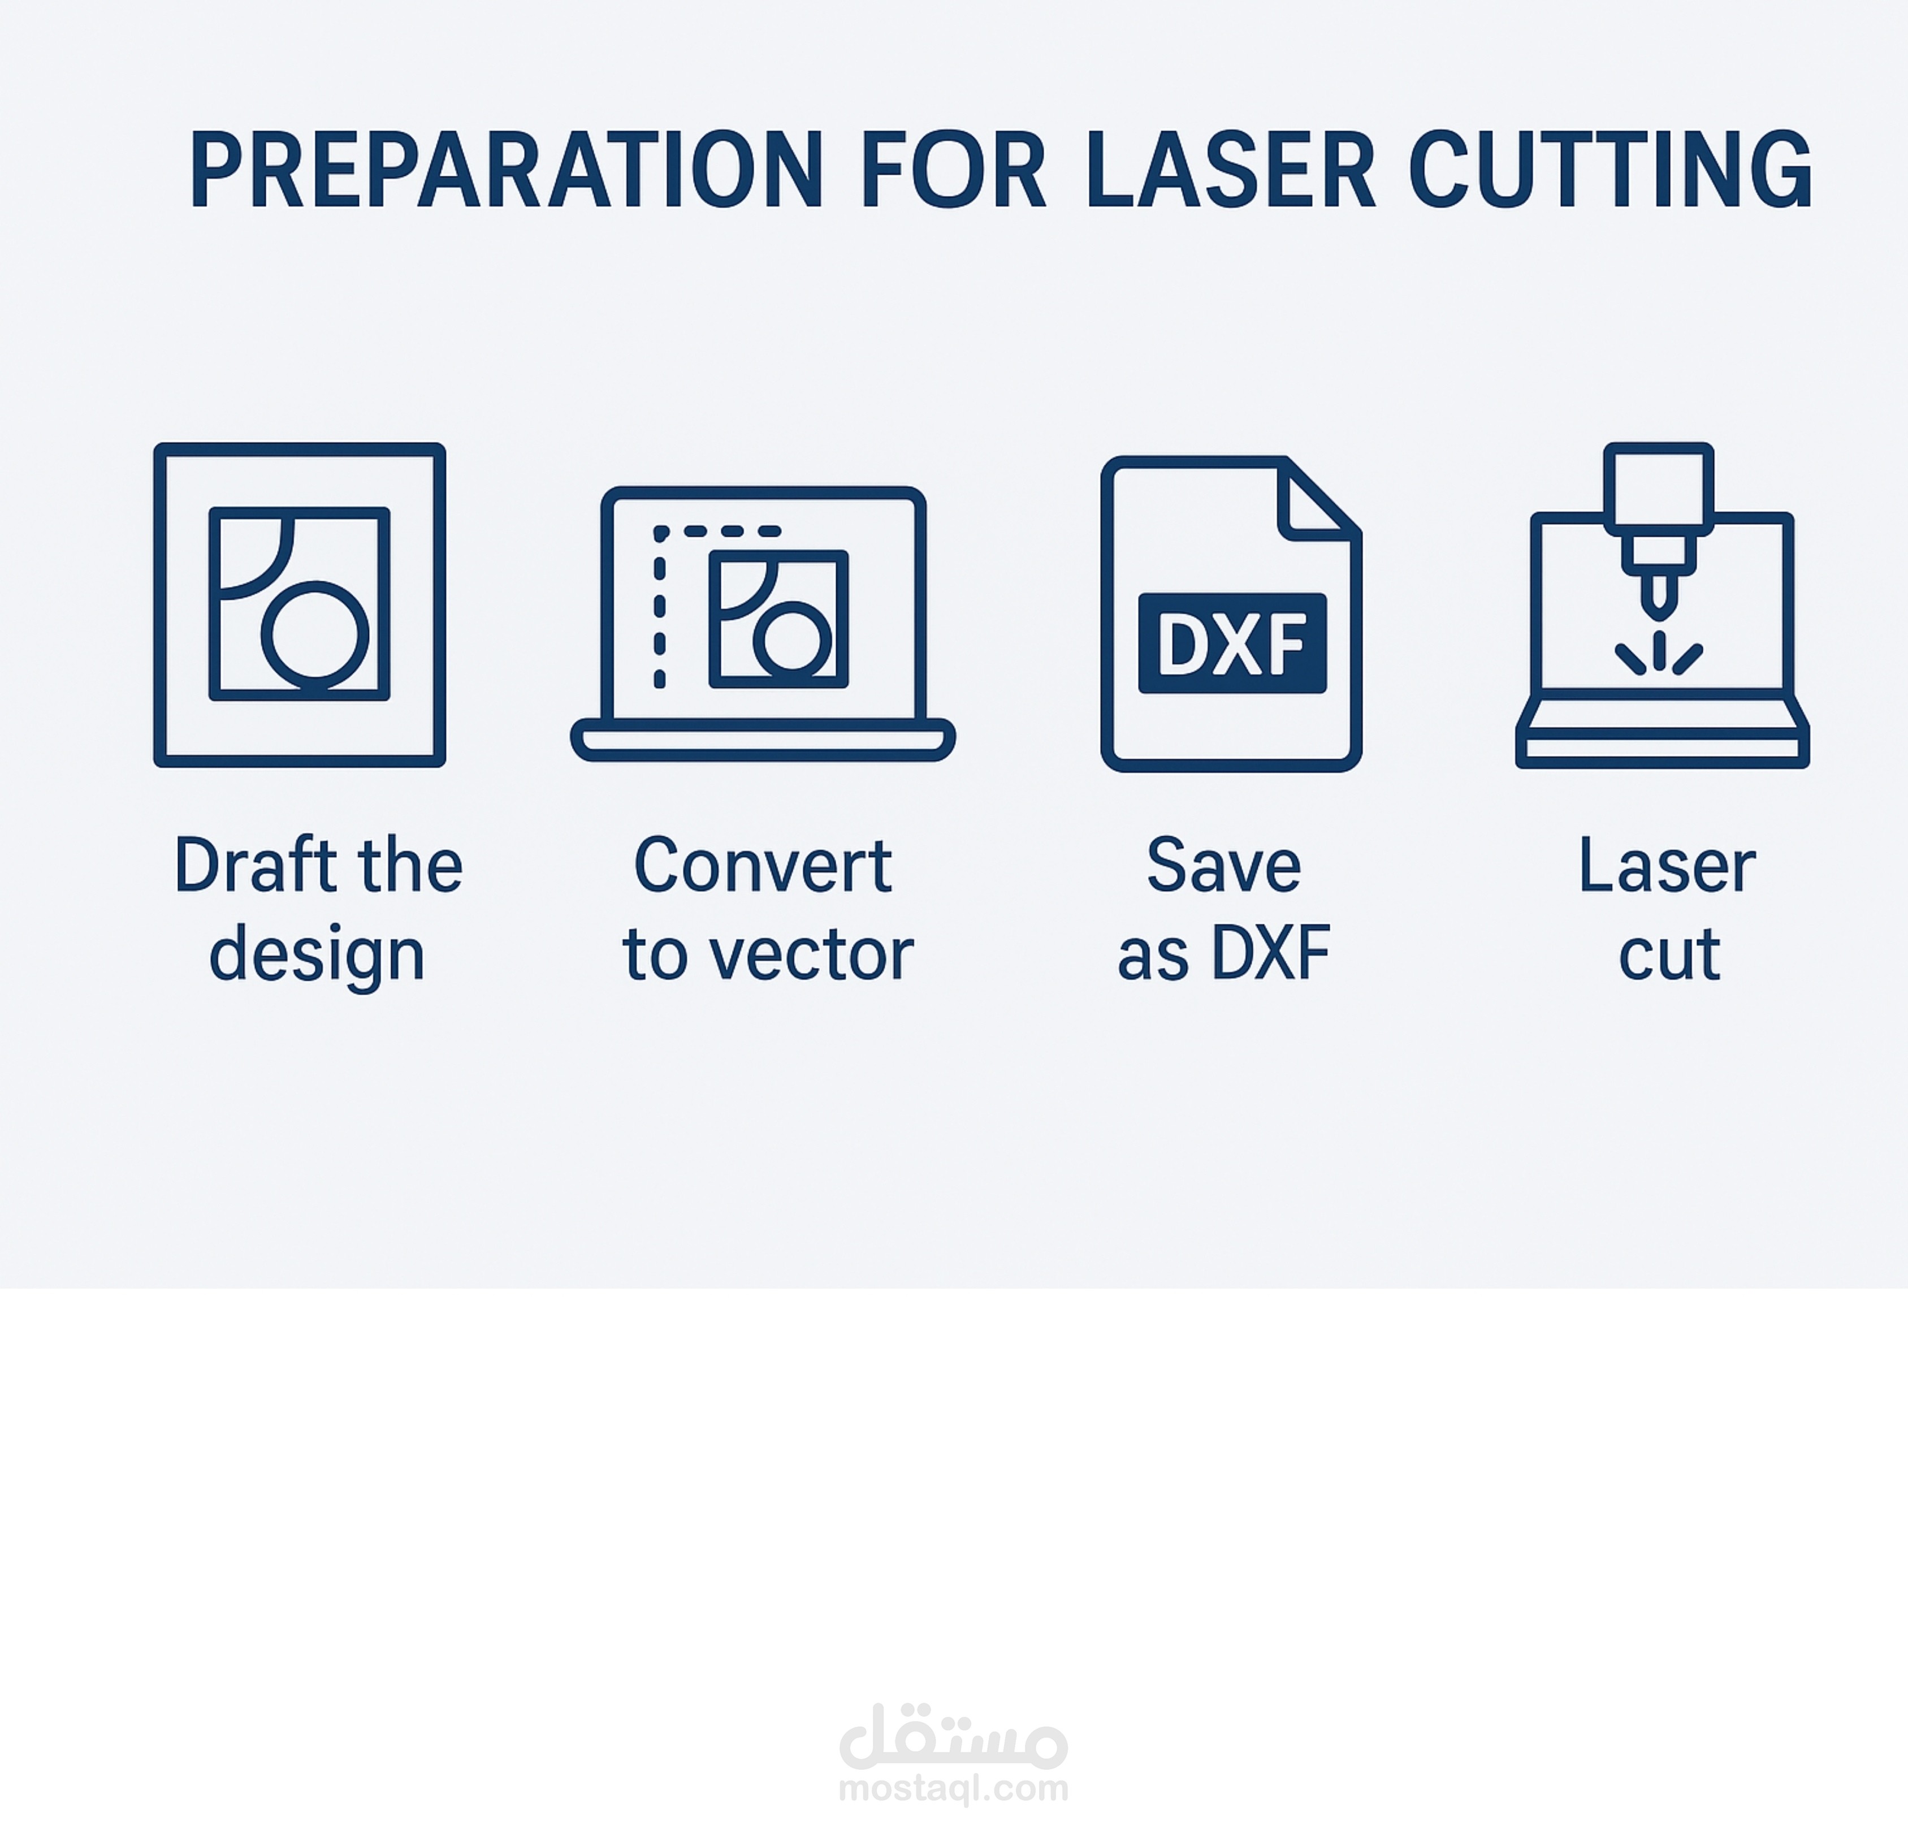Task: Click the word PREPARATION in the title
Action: click(x=506, y=170)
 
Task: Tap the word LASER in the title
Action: click(x=1231, y=170)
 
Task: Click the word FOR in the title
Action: click(x=953, y=170)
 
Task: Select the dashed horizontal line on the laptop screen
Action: click(x=717, y=532)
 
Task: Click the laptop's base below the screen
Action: click(x=762, y=740)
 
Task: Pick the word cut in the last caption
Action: click(x=1668, y=954)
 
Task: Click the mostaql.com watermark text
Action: click(x=953, y=1787)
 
